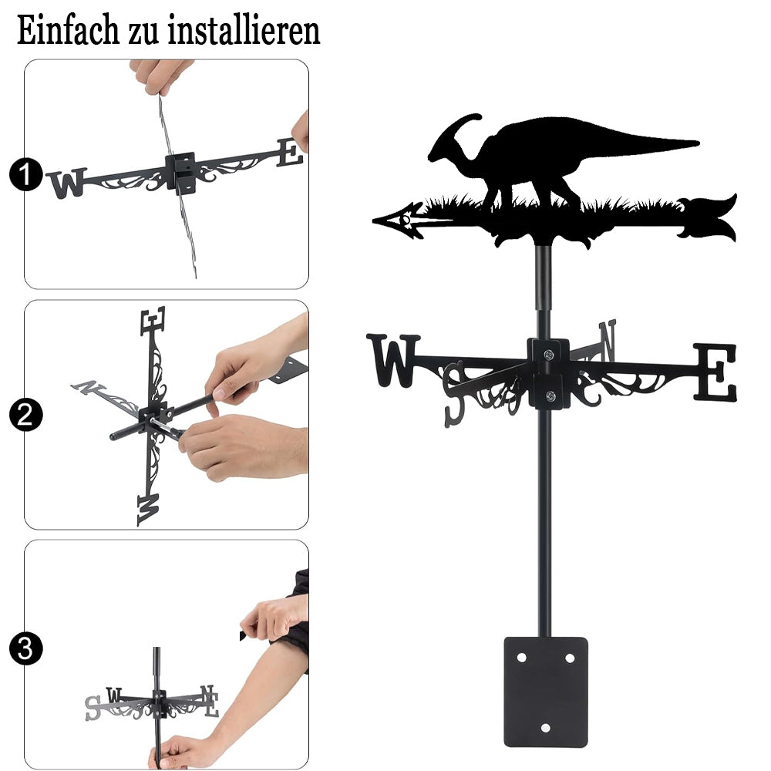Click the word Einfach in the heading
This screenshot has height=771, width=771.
(x=68, y=30)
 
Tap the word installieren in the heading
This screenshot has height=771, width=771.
(x=244, y=30)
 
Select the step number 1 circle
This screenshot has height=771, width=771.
(x=25, y=174)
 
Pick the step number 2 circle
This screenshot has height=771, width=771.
(x=25, y=415)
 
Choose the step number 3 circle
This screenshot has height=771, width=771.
(x=25, y=648)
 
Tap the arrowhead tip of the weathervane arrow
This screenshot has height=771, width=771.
(x=374, y=221)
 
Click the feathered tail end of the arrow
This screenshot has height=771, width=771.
(x=708, y=218)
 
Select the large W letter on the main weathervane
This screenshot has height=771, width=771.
(x=393, y=360)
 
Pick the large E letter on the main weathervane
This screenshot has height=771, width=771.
(x=716, y=372)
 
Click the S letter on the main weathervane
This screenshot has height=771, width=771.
(x=454, y=394)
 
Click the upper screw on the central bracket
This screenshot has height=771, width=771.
(x=549, y=354)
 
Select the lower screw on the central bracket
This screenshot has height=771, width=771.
(x=550, y=396)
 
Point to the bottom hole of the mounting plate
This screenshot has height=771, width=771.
(x=545, y=728)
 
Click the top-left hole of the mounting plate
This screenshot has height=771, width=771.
(x=522, y=658)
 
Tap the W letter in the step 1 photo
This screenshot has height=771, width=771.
(x=67, y=183)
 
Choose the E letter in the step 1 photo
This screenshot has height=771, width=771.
(x=290, y=153)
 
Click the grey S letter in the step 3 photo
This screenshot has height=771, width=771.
(x=93, y=708)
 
